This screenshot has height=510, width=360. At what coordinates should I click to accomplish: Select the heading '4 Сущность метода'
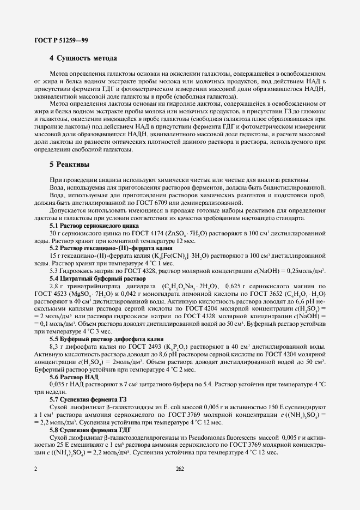[84, 58]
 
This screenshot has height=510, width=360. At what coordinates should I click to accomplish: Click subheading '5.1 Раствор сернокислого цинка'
[88, 225]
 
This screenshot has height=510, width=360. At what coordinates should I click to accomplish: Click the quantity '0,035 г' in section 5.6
[60, 385]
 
